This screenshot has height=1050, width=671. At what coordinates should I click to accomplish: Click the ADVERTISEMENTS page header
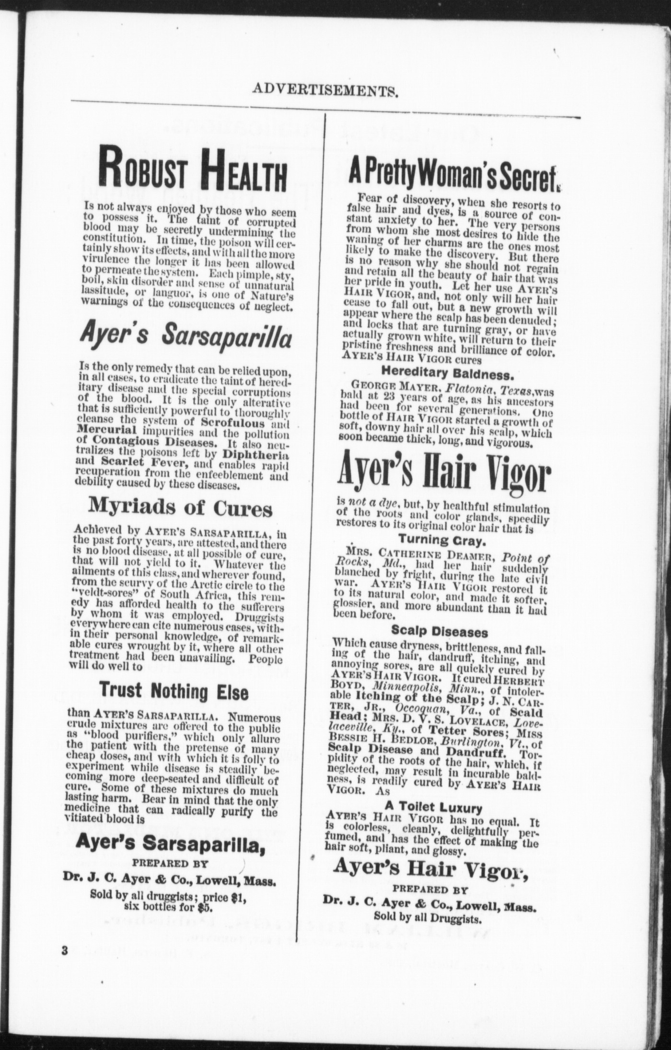[x=325, y=90]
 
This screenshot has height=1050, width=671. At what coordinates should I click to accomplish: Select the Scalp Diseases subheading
[x=440, y=631]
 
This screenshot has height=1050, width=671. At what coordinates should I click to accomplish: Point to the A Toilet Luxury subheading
[x=434, y=808]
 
